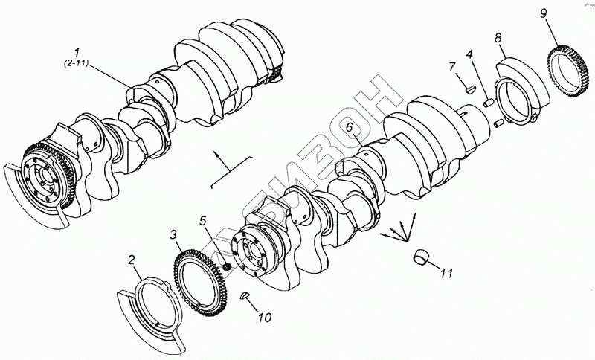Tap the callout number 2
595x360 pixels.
[132, 260]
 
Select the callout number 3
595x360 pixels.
[174, 235]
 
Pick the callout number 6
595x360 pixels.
[348, 127]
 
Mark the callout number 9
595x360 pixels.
[544, 14]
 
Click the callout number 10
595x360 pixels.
[266, 318]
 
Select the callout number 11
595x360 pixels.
[446, 273]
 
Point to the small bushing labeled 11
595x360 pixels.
[422, 257]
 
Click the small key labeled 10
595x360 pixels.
[245, 297]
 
